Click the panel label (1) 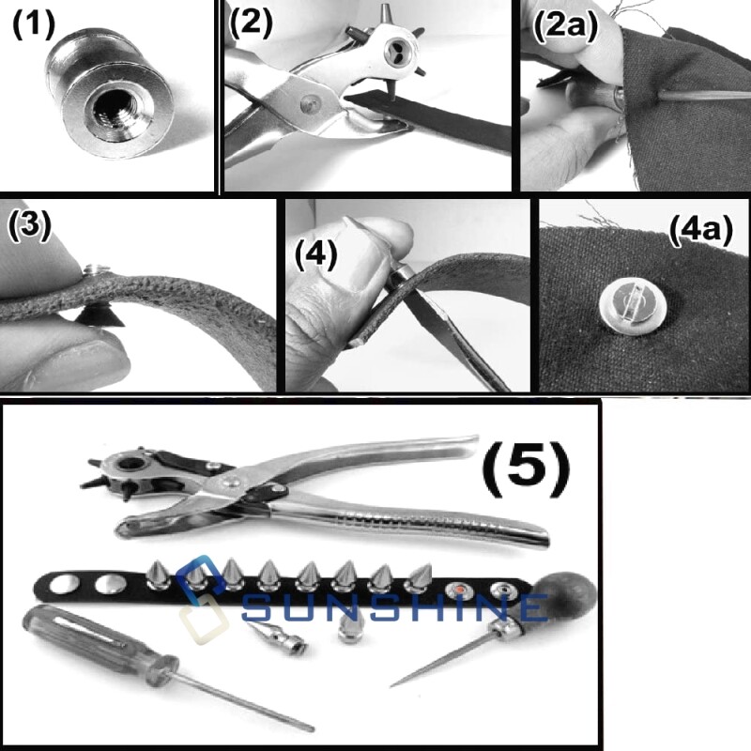click(x=34, y=24)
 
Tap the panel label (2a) click(x=565, y=24)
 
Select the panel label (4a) click(x=700, y=230)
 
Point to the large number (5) click(x=526, y=466)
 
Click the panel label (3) click(x=29, y=224)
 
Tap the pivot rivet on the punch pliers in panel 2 click(x=310, y=103)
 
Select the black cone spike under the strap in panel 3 click(x=98, y=314)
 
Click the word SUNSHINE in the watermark click(x=394, y=607)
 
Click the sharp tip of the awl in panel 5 click(x=391, y=685)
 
